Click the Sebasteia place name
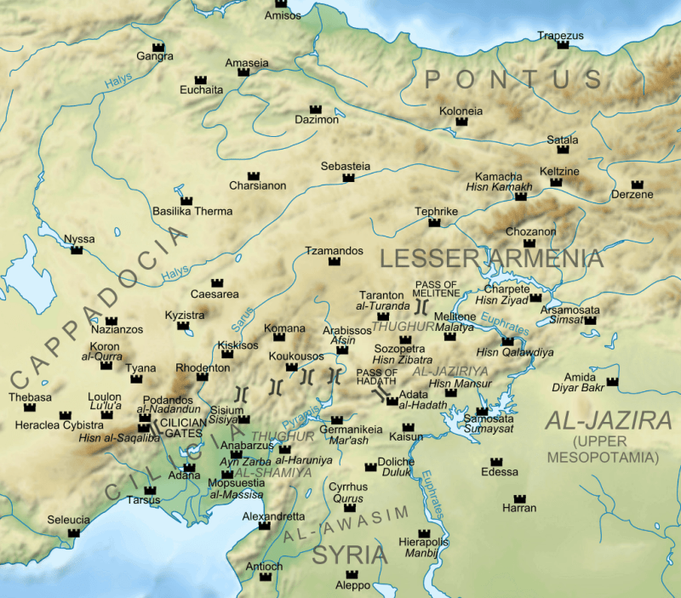click(x=346, y=167)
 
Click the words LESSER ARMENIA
click(x=491, y=259)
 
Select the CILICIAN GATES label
click(x=176, y=426)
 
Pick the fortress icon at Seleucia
click(x=74, y=533)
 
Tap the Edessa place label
click(x=499, y=472)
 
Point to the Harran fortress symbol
click(x=519, y=497)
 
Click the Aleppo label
click(x=353, y=586)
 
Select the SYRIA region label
click(x=349, y=555)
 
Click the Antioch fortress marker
click(x=266, y=577)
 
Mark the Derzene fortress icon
click(x=637, y=184)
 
